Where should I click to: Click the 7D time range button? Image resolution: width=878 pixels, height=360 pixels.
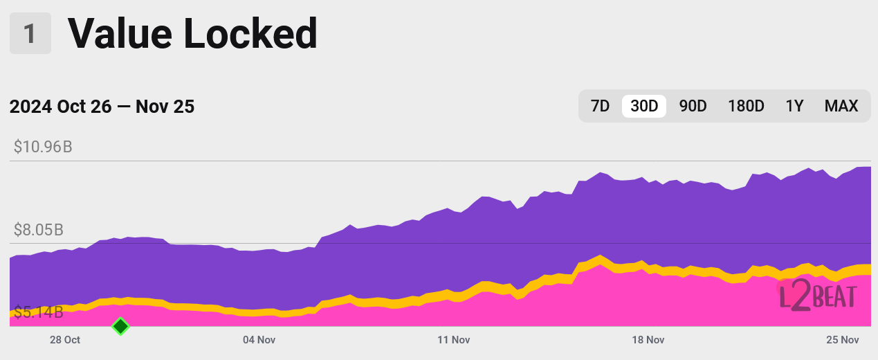[600, 106]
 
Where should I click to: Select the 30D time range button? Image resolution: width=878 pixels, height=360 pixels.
[644, 106]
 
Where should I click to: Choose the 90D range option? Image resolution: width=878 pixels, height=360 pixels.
[693, 106]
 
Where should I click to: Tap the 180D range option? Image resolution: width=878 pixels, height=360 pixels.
[746, 106]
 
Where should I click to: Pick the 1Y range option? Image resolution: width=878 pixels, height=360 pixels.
[794, 106]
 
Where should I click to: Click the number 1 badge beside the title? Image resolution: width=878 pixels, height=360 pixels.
[30, 33]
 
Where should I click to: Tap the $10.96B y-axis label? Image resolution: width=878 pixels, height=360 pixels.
[43, 147]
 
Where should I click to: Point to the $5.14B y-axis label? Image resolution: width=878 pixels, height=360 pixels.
[39, 312]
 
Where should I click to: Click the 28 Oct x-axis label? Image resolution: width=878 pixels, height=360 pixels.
[65, 340]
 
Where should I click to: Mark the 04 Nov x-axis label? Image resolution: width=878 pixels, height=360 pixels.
[259, 340]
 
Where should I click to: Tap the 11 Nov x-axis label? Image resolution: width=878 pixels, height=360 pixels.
[454, 340]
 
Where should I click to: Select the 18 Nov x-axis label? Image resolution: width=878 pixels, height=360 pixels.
[648, 340]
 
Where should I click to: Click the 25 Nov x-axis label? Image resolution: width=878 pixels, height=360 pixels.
[842, 340]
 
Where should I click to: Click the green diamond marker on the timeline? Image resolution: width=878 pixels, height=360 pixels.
[121, 326]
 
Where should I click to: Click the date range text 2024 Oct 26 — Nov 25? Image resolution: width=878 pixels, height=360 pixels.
[102, 107]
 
